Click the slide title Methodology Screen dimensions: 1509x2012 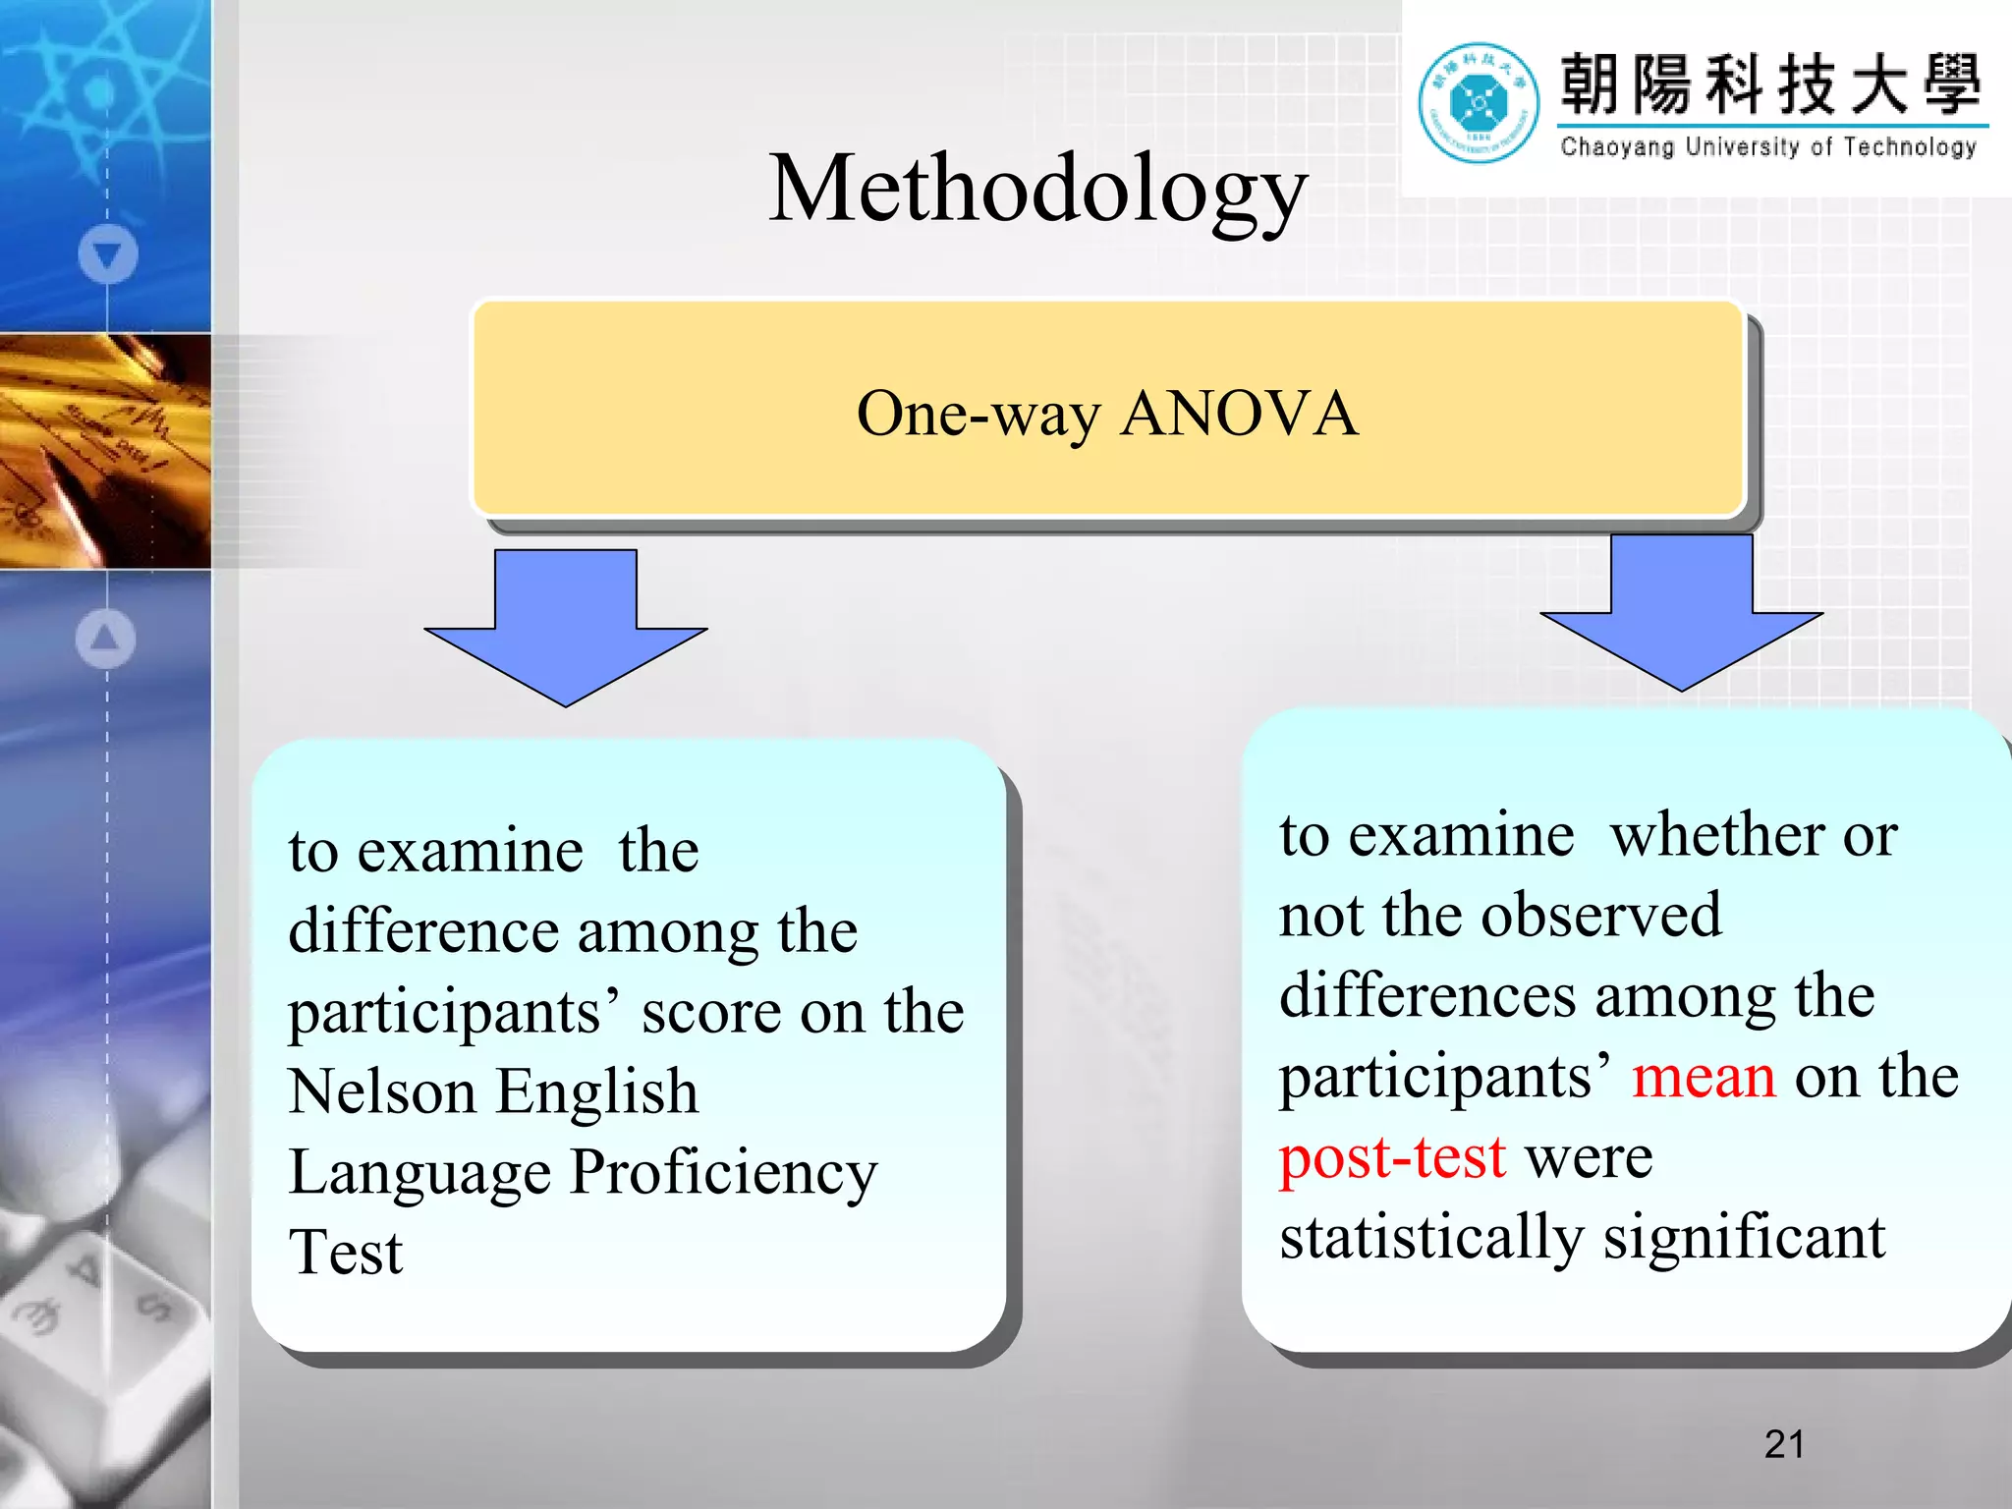(x=1037, y=189)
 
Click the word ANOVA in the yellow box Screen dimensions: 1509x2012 (x=1240, y=414)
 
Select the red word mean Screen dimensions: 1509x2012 (x=1704, y=1077)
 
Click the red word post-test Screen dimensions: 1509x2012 (x=1392, y=1157)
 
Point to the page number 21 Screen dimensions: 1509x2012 (x=1784, y=1444)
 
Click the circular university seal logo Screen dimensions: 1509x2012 (x=1478, y=102)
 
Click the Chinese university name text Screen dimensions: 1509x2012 (x=1770, y=84)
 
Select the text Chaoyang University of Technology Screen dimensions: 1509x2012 (x=1768, y=147)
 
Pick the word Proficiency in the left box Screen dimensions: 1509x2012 (x=724, y=1173)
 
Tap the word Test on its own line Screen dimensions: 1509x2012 (x=346, y=1254)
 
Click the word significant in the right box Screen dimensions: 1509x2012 (x=1744, y=1238)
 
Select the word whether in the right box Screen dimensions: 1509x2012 (x=1716, y=835)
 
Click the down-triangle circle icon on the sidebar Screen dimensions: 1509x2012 (x=107, y=254)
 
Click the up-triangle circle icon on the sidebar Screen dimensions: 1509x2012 (x=105, y=639)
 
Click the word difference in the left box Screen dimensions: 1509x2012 (x=423, y=931)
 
